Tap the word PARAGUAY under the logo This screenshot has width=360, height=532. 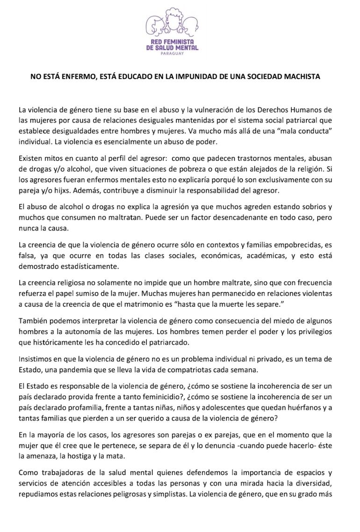(172, 53)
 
